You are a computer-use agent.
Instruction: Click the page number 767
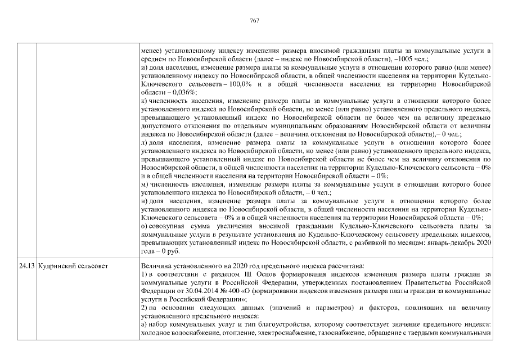tap(254, 20)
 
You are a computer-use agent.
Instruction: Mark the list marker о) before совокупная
tap(144, 225)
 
